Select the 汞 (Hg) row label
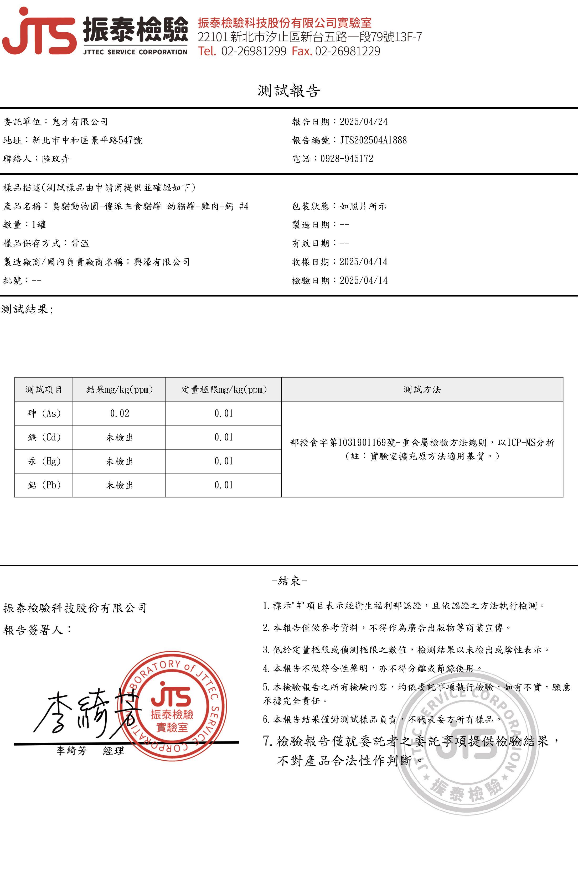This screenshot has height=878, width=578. point(44,461)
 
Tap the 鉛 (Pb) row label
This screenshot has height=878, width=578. point(44,485)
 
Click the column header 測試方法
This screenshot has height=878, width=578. point(422,389)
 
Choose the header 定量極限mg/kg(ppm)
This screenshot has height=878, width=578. point(224,389)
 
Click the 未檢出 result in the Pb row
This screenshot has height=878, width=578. point(120,485)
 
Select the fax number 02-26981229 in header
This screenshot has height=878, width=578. point(347,51)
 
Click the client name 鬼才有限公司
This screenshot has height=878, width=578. point(80,122)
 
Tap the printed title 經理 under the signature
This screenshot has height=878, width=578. point(113,751)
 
